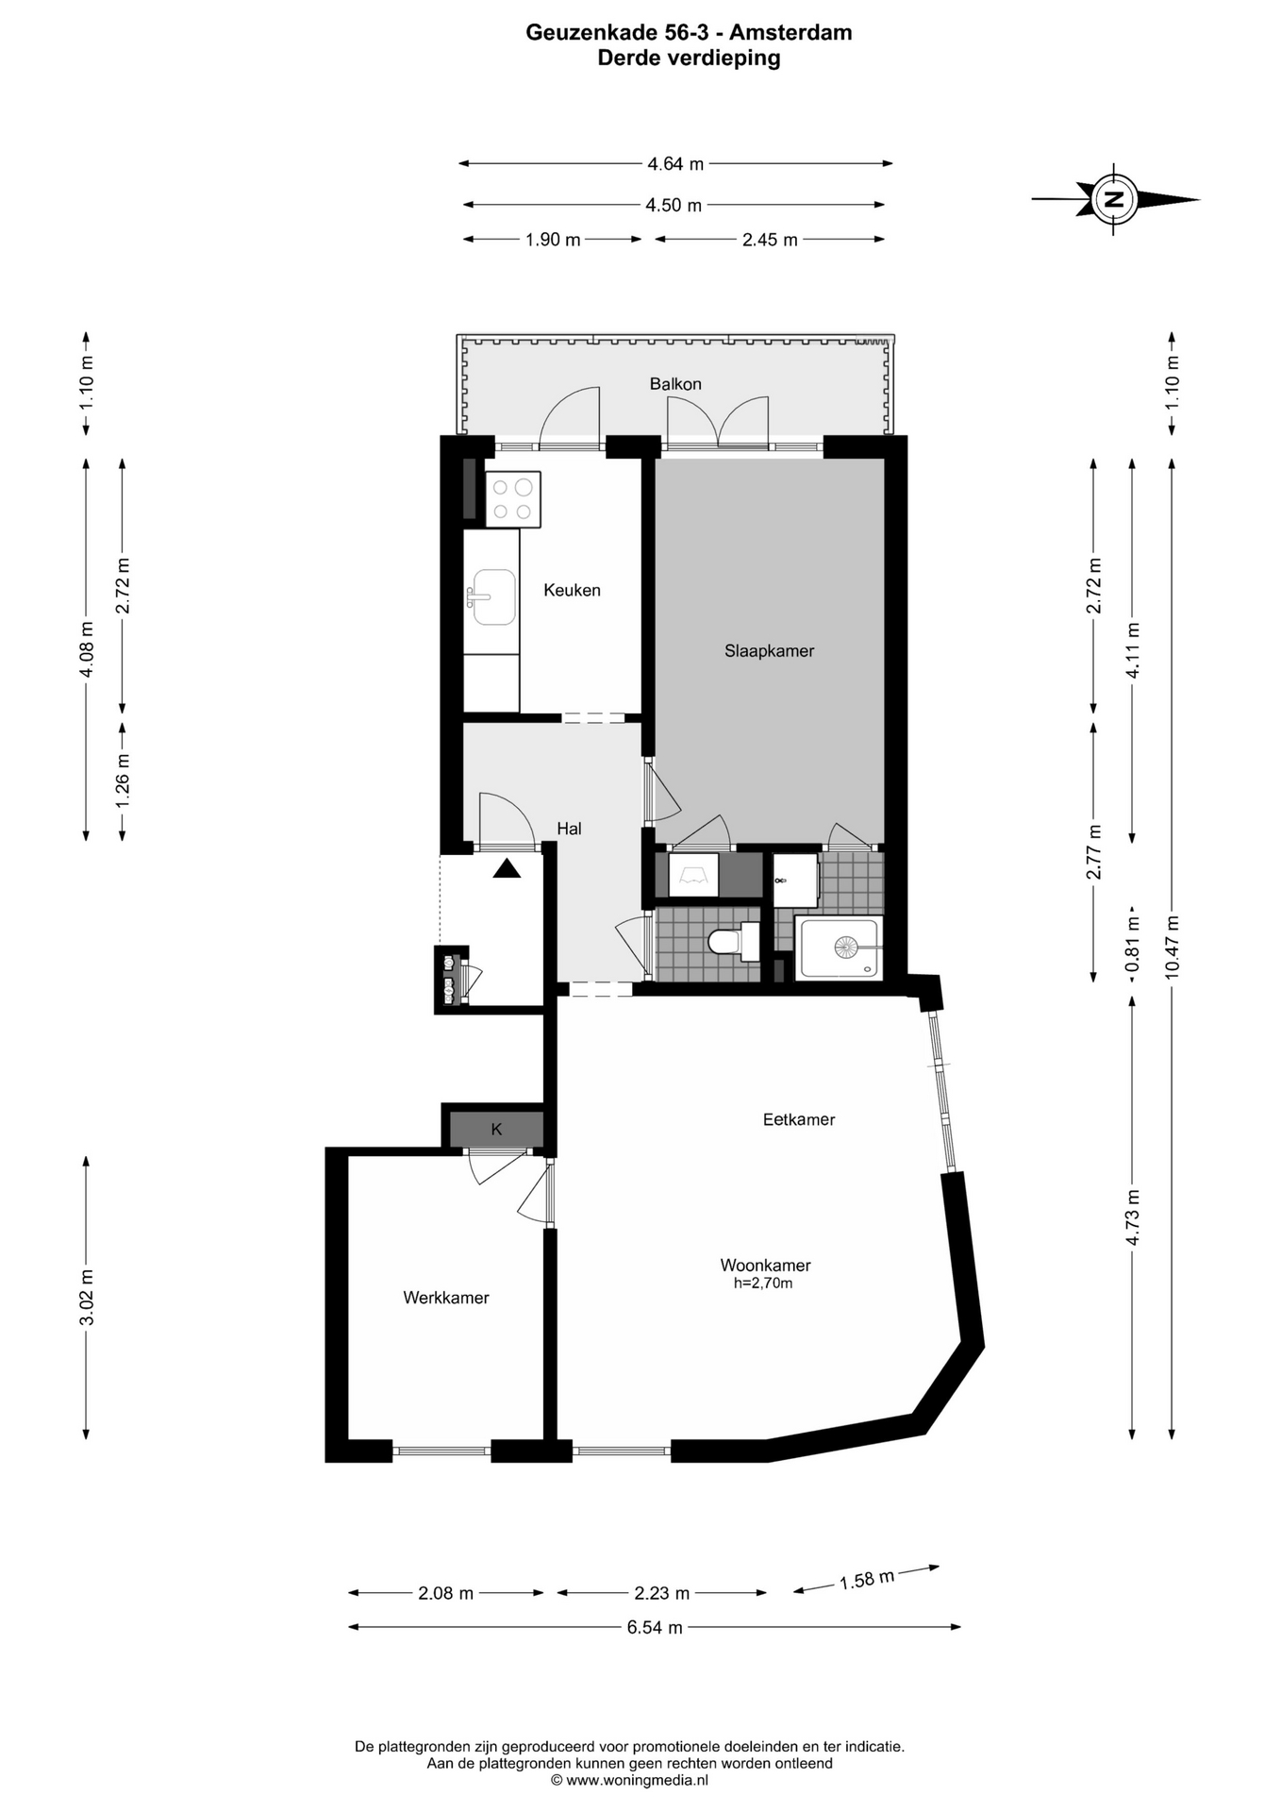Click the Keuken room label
572,590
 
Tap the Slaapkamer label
769,651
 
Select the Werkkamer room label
446,1298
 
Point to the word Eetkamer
799,1119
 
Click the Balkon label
675,384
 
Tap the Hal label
569,829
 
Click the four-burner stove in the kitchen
513,499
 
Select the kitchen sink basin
493,597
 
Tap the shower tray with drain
840,948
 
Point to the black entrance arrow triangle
507,869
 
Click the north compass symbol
1115,199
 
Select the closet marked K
496,1129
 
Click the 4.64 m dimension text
675,163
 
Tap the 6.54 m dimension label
655,1627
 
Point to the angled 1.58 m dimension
867,1579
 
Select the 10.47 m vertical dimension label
1172,948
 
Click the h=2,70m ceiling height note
763,1283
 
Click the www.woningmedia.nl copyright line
629,1780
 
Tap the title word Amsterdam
790,33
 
